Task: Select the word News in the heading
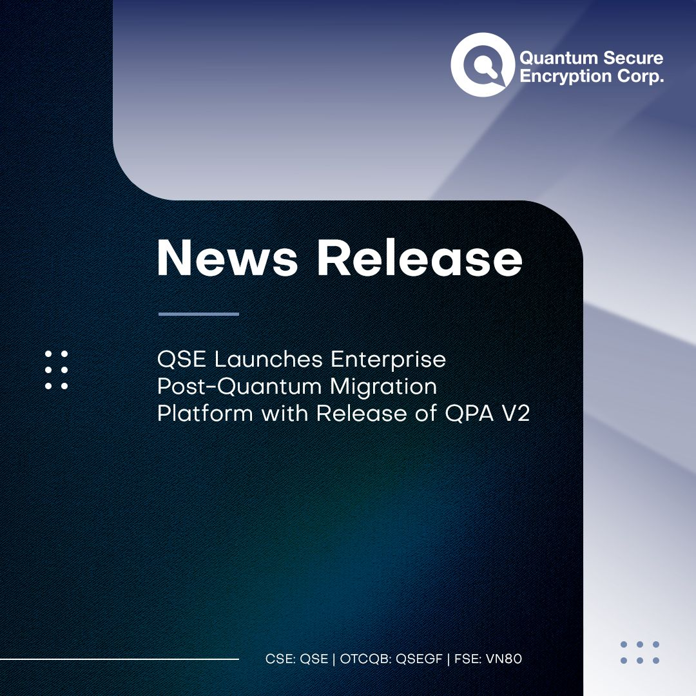[x=227, y=258]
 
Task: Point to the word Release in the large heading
[x=420, y=258]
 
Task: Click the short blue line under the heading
[x=199, y=314]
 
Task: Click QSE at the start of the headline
[x=182, y=359]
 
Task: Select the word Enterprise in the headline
[x=388, y=360]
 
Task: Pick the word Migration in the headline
[x=383, y=387]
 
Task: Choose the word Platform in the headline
[x=205, y=414]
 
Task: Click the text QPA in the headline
[x=469, y=414]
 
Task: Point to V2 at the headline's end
[x=516, y=414]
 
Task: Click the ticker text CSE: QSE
[x=296, y=659]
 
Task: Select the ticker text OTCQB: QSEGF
[x=391, y=659]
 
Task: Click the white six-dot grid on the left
[x=56, y=370]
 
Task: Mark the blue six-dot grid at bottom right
[x=640, y=652]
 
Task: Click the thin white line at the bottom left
[x=119, y=659]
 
